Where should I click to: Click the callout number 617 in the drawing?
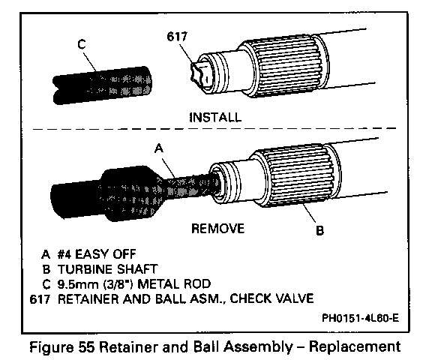pyautogui.click(x=177, y=36)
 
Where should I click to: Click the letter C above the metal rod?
pyautogui.click(x=82, y=44)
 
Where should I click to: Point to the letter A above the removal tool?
pyautogui.click(x=159, y=148)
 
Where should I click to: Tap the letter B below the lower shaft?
pyautogui.click(x=319, y=230)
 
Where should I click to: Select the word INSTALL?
pyautogui.click(x=216, y=117)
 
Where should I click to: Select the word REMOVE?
pyautogui.click(x=218, y=229)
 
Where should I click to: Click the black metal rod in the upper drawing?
pyautogui.click(x=102, y=85)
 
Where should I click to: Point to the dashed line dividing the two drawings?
pyautogui.click(x=214, y=129)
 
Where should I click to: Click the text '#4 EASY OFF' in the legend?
pyautogui.click(x=97, y=254)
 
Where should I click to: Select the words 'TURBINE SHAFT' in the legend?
pyautogui.click(x=107, y=269)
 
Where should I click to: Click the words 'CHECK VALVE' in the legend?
pyautogui.click(x=271, y=298)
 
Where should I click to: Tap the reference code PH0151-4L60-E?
pyautogui.click(x=360, y=319)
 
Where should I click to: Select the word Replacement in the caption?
pyautogui.click(x=355, y=347)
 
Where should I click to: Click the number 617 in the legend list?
pyautogui.click(x=40, y=299)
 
